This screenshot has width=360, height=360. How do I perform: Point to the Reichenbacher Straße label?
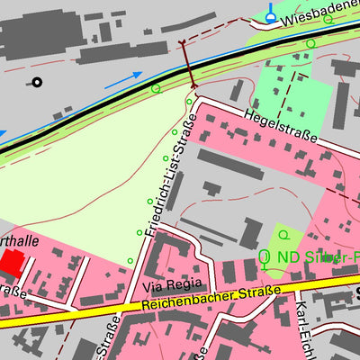211,301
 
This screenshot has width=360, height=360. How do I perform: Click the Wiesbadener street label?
319,11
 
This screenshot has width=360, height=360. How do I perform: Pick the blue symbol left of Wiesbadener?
272,13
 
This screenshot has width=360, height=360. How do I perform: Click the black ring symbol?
37,83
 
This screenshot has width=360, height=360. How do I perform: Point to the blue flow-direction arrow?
123,80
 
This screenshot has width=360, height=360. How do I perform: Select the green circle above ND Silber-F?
284,235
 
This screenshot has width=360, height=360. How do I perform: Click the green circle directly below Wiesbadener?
310,43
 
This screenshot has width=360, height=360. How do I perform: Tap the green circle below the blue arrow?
156,88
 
